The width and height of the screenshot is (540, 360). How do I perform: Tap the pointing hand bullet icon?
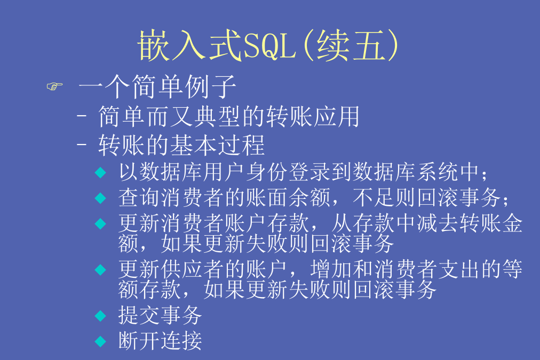(55, 86)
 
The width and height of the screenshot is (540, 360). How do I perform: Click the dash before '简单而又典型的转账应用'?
(82, 116)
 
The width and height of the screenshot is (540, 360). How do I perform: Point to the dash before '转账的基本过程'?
(82, 144)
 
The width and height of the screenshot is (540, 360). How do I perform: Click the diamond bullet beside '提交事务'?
(100, 316)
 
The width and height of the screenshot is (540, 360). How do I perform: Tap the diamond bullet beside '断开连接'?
(100, 341)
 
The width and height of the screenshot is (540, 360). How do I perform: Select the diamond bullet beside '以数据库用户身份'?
(100, 172)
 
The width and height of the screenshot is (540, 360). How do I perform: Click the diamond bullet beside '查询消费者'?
(100, 198)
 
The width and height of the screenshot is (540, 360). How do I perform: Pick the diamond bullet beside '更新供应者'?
(100, 269)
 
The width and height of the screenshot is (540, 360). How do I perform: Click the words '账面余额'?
(288, 197)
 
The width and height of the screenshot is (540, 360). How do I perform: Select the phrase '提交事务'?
(160, 315)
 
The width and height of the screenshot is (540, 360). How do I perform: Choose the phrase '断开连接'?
(160, 341)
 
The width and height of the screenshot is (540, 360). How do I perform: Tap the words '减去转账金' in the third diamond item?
(470, 223)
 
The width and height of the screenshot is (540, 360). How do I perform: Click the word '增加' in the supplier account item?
(331, 269)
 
